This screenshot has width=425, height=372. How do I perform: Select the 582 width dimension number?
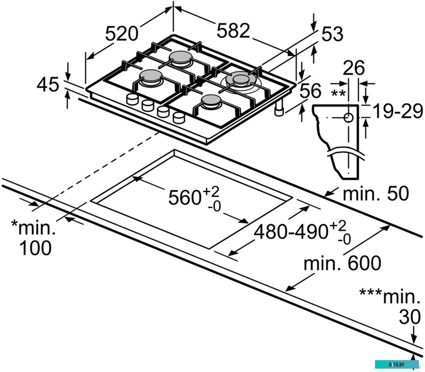pos(233,31)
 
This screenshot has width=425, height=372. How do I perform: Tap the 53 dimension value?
pos(332,34)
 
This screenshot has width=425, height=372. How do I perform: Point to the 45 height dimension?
pos(48,85)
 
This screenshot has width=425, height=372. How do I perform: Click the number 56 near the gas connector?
pos(310,91)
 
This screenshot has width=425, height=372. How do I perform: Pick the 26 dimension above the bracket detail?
pos(354,68)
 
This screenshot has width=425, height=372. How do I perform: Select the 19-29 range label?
pos(398,111)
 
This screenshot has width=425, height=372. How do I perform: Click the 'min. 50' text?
pos(375,194)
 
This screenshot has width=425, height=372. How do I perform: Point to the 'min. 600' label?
pos(342,263)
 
